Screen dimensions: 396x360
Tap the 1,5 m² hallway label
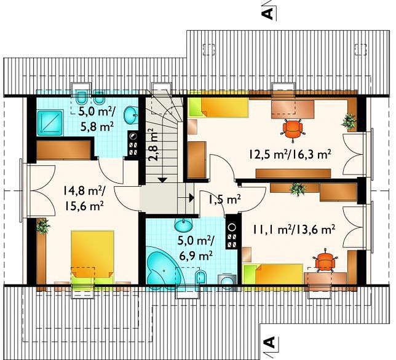[x=224, y=200]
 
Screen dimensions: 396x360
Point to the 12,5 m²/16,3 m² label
[x=290, y=154]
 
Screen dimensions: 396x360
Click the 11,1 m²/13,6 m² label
[x=294, y=230]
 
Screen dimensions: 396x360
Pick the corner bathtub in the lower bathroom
[x=162, y=268]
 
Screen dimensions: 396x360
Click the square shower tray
[x=50, y=122]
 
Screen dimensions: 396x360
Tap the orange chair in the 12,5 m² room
[x=293, y=130]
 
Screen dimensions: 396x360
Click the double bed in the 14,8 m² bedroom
[x=92, y=257]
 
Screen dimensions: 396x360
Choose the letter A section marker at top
[x=269, y=13]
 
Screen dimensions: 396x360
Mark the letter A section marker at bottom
[x=269, y=342]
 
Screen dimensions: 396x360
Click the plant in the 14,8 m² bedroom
[x=43, y=226]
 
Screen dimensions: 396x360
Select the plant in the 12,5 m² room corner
[x=349, y=121]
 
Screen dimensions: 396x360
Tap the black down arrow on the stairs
[x=162, y=179]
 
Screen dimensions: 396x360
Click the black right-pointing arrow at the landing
[x=191, y=198]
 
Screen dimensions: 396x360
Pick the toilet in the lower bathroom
[x=201, y=278]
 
